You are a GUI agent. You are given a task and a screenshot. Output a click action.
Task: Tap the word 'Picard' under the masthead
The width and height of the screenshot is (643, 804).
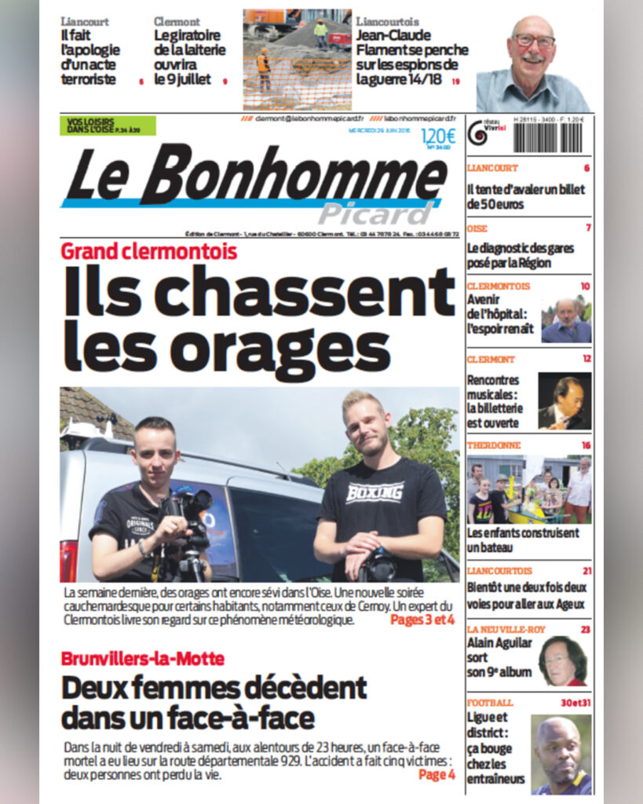point(375,213)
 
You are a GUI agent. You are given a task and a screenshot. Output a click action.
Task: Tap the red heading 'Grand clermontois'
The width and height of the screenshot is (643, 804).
point(149,252)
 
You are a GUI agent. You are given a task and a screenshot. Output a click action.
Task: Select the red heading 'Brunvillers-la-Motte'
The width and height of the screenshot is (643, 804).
point(143,658)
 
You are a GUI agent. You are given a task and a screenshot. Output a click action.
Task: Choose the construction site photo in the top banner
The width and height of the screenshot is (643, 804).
point(297,60)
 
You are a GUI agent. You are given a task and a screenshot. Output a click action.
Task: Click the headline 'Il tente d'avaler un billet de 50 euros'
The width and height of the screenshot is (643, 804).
point(525,196)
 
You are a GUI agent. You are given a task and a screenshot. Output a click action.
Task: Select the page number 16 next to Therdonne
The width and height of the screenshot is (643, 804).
point(586,445)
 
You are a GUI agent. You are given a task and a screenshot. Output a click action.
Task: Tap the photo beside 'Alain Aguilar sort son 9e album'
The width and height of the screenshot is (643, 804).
point(563,660)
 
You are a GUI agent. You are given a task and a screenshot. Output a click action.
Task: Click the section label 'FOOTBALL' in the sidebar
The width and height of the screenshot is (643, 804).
point(490,702)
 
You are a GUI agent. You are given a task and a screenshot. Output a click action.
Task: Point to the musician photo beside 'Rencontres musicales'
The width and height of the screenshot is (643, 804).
point(564,400)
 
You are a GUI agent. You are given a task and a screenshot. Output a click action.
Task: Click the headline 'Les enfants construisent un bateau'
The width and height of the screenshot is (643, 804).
point(523,540)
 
